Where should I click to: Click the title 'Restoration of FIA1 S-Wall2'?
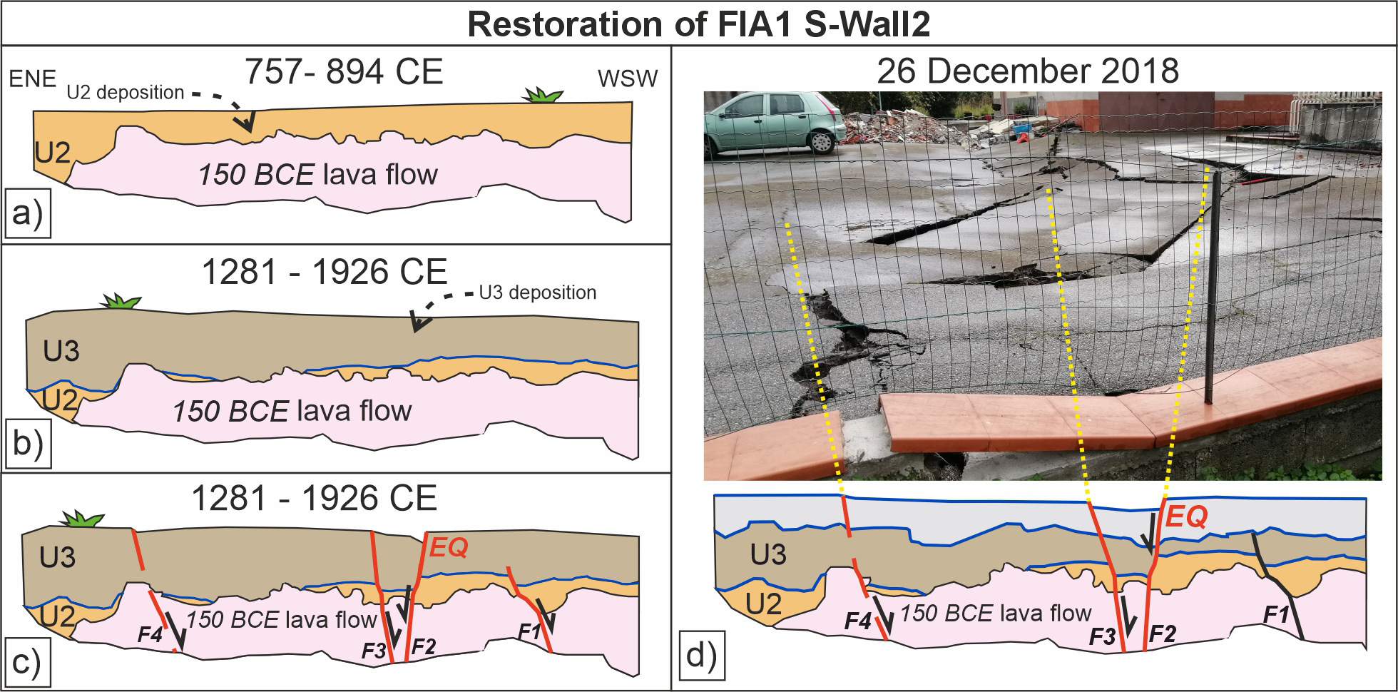click(698, 24)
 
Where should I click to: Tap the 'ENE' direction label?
click(33, 78)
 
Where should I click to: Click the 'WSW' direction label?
click(628, 78)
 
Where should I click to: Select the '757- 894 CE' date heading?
click(343, 72)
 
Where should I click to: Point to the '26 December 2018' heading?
click(1027, 71)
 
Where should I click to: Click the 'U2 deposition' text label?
click(126, 93)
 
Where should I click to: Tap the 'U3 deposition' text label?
click(537, 292)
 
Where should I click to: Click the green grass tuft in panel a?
click(543, 95)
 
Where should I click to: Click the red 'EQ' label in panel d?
click(1185, 516)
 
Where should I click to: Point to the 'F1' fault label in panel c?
click(529, 631)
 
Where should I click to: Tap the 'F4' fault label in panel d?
click(858, 621)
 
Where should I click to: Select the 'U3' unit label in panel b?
click(61, 351)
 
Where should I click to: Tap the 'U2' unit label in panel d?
click(763, 604)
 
